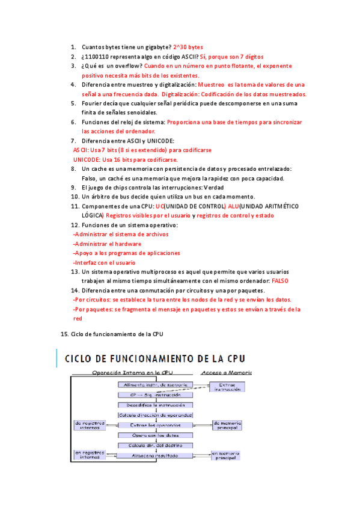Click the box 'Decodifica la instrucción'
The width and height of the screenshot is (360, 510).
pos(155,405)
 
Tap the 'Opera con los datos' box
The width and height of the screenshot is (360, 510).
pos(155,435)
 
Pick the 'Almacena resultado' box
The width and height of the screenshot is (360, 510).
pos(155,455)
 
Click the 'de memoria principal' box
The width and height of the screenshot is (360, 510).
pos(228,425)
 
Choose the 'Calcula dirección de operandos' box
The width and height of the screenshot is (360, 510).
pos(155,415)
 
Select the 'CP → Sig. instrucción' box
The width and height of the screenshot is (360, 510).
pos(155,395)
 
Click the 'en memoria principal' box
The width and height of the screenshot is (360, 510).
pos(225,455)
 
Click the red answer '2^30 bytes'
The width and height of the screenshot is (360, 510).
pos(188,47)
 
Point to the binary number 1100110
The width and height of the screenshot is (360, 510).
pos(98,57)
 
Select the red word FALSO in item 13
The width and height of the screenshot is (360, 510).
pos(280,281)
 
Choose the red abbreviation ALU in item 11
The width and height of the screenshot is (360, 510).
pos(234,206)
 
